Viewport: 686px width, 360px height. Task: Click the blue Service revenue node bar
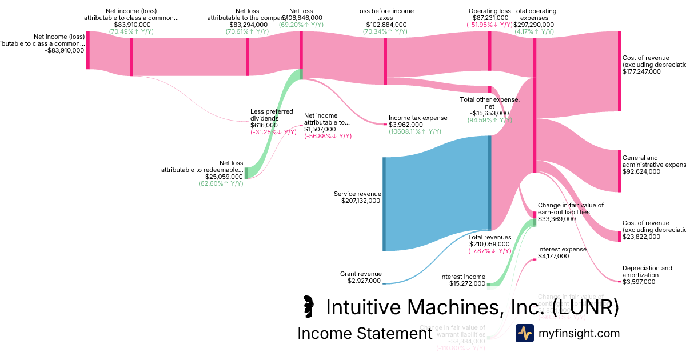point(384,204)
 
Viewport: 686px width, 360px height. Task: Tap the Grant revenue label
point(361,274)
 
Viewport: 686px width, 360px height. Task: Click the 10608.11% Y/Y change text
point(414,132)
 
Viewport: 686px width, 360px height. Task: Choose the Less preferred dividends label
point(272,115)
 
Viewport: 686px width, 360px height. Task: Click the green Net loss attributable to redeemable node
point(246,173)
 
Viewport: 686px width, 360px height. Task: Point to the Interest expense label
point(562,249)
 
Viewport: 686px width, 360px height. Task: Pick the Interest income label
point(462,277)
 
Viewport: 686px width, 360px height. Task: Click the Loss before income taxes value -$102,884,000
point(385,25)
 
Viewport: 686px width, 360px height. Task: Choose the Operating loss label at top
point(489,11)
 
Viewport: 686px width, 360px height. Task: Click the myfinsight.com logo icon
point(524,333)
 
